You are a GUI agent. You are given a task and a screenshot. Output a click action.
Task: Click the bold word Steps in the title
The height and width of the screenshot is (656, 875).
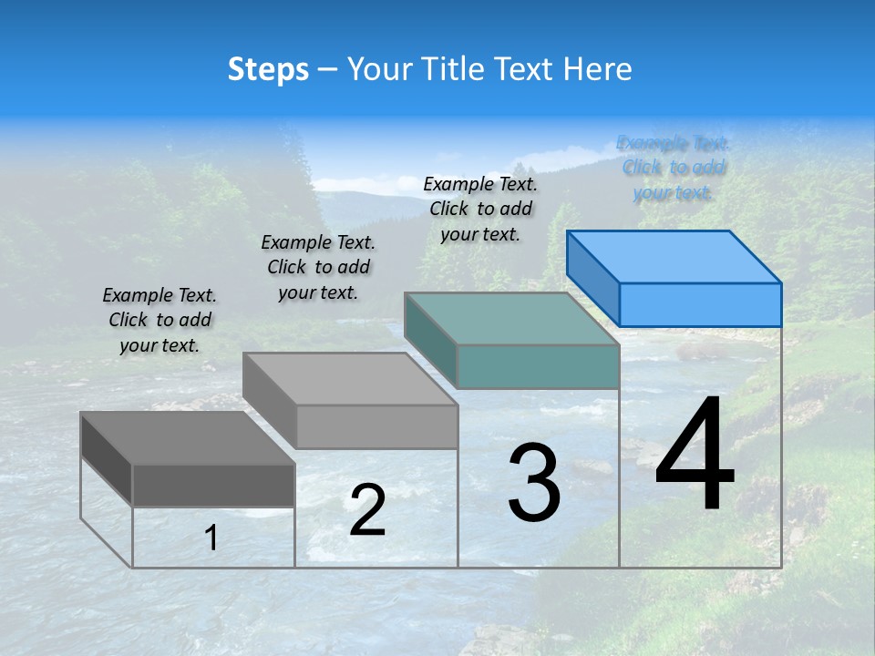(268, 69)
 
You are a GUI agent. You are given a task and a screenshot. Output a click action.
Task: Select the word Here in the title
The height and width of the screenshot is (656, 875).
(598, 69)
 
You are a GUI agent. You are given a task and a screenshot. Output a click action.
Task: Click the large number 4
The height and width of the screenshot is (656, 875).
(695, 456)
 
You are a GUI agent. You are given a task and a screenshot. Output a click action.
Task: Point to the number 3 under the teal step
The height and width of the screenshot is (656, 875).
(534, 483)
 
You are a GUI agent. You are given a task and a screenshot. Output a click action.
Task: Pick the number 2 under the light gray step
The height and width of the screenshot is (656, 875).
(367, 510)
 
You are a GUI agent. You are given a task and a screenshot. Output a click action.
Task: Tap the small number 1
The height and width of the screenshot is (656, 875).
(211, 538)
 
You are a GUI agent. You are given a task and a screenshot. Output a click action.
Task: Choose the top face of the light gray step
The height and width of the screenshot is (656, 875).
(350, 379)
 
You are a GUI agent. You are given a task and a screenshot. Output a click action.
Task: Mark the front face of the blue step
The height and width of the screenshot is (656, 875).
(700, 304)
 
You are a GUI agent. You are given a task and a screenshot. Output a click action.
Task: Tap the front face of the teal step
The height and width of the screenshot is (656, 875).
(538, 367)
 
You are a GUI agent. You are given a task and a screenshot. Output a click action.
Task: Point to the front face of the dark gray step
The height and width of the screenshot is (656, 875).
(213, 485)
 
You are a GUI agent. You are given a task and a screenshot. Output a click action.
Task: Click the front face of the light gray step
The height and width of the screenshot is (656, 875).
(376, 426)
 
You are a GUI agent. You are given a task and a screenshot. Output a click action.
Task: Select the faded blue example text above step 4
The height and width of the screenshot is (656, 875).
(674, 168)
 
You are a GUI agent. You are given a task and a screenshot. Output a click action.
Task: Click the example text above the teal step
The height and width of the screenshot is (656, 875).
(480, 209)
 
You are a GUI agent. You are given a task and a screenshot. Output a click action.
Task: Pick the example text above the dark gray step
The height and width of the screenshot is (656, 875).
(160, 320)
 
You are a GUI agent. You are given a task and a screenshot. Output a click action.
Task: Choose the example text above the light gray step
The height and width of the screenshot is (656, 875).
(318, 267)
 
